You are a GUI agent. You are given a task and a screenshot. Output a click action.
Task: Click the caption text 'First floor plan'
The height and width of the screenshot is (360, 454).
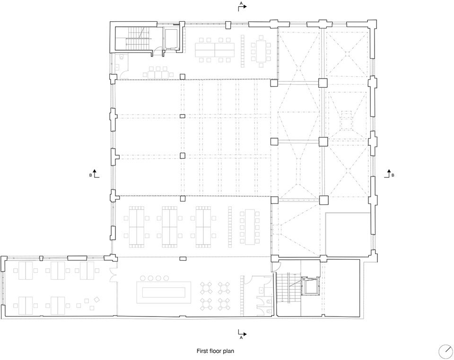215,351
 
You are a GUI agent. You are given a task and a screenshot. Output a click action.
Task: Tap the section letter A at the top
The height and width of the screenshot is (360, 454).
241,3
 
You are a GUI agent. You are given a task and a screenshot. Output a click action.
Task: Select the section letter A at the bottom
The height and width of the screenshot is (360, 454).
241,337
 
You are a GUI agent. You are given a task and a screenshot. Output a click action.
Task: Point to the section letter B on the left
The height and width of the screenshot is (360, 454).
91,175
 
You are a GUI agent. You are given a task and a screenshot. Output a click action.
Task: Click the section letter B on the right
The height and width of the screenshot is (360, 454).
393,175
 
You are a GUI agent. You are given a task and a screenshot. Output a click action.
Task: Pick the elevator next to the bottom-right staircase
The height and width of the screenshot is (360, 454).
310,286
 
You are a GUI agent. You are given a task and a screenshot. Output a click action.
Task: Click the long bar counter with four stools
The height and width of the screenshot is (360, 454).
164,291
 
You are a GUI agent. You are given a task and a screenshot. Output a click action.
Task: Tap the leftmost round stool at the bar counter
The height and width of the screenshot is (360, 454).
143,278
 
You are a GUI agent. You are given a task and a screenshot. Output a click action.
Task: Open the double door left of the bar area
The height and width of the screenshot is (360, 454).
113,276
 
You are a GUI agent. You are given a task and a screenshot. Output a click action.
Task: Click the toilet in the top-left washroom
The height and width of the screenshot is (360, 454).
122,58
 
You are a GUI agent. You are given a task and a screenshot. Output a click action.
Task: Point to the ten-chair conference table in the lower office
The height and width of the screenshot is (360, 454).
250,227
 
